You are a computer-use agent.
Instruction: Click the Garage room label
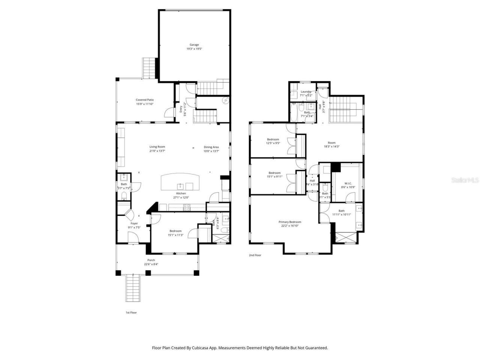194,45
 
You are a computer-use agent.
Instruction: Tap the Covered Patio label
145,100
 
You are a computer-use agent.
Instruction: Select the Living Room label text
157,147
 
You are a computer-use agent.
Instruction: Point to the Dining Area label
211,147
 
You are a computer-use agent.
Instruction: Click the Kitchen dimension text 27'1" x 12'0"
181,198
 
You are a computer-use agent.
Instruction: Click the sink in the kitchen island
181,186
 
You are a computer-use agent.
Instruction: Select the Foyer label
134,223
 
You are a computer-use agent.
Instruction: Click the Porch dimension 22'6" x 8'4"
151,264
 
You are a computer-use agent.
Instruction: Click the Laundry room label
306,91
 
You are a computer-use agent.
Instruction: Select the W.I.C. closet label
348,183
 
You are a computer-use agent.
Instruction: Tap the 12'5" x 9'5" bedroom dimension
273,143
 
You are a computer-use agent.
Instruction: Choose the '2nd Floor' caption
255,255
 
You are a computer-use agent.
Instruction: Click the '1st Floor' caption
131,312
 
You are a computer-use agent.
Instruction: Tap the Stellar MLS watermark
465,180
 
